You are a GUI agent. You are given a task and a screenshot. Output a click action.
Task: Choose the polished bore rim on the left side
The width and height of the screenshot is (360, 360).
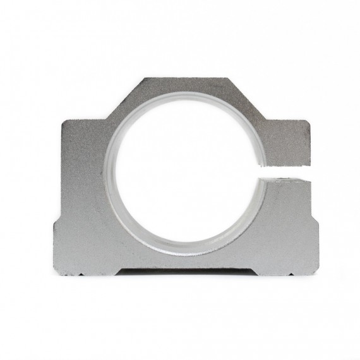109,171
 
